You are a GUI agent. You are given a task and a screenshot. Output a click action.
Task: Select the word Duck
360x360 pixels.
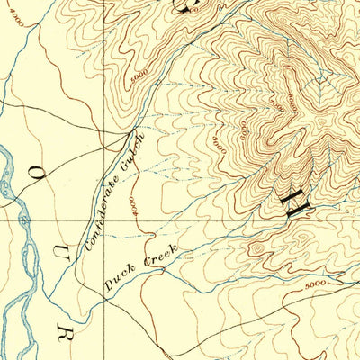click(119, 279)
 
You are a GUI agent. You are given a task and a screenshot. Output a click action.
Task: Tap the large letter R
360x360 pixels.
click(63, 333)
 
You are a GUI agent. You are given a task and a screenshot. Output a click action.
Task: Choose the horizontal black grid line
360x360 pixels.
click(225, 219)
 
